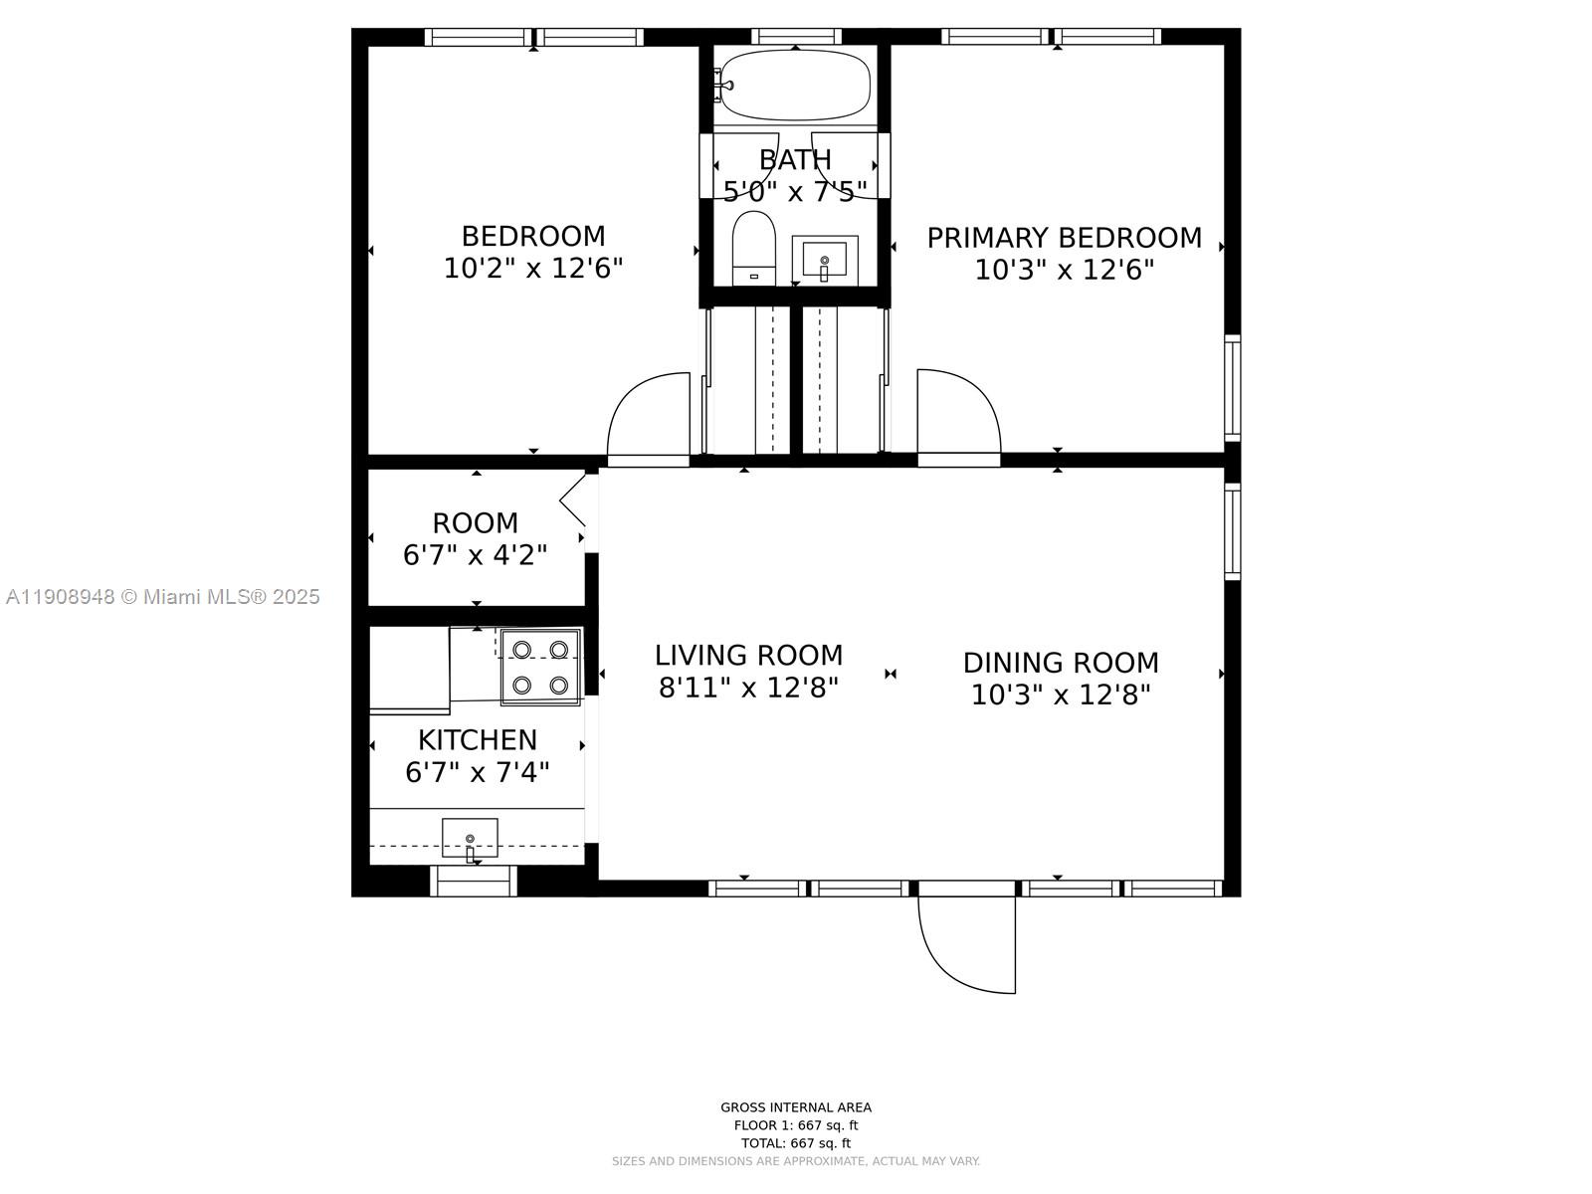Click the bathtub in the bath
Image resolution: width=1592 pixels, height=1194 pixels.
tap(795, 85)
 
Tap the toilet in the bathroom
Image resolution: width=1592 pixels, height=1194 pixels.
tap(753, 249)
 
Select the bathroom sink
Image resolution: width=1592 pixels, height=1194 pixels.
tap(824, 261)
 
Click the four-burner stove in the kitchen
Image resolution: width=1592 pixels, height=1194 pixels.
tap(540, 668)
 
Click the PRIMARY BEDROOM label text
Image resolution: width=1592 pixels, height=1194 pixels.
tap(1064, 238)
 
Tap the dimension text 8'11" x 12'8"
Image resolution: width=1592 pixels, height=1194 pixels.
tap(748, 688)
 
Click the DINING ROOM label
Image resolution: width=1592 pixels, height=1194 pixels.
tap(1061, 663)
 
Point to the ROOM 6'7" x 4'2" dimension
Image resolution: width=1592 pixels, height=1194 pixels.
tap(475, 555)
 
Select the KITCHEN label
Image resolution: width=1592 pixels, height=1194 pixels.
tap(477, 740)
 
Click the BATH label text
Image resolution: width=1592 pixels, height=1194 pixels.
tap(795, 159)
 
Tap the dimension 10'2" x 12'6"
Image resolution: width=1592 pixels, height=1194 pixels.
tap(532, 269)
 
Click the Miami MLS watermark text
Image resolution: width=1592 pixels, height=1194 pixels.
tap(162, 597)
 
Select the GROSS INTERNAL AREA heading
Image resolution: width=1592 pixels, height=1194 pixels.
tap(795, 1107)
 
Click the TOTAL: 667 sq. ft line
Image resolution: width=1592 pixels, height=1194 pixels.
tap(795, 1143)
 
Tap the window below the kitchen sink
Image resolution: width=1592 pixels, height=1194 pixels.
tap(474, 881)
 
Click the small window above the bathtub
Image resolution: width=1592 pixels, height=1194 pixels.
tap(795, 37)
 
